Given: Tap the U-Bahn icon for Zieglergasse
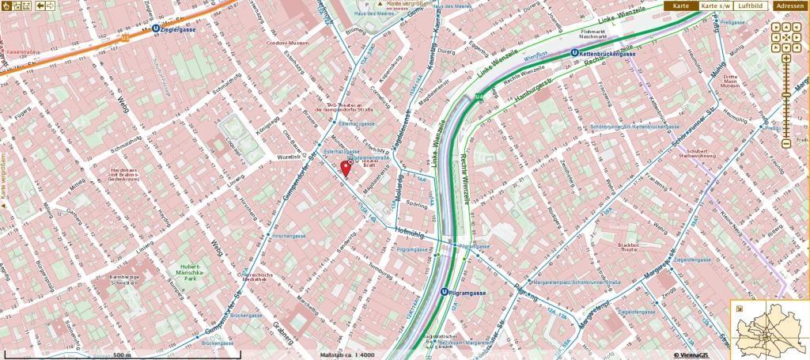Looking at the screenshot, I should (156, 28).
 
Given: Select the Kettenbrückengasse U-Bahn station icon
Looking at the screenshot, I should (574, 53).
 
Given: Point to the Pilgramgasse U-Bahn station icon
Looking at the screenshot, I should (445, 292).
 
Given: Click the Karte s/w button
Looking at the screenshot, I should (715, 6).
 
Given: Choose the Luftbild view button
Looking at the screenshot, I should (750, 6).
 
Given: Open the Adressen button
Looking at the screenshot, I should (791, 6).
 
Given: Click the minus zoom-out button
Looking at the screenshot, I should (785, 144).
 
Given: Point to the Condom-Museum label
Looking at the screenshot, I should (286, 43).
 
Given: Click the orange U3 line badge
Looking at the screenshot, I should (124, 36).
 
